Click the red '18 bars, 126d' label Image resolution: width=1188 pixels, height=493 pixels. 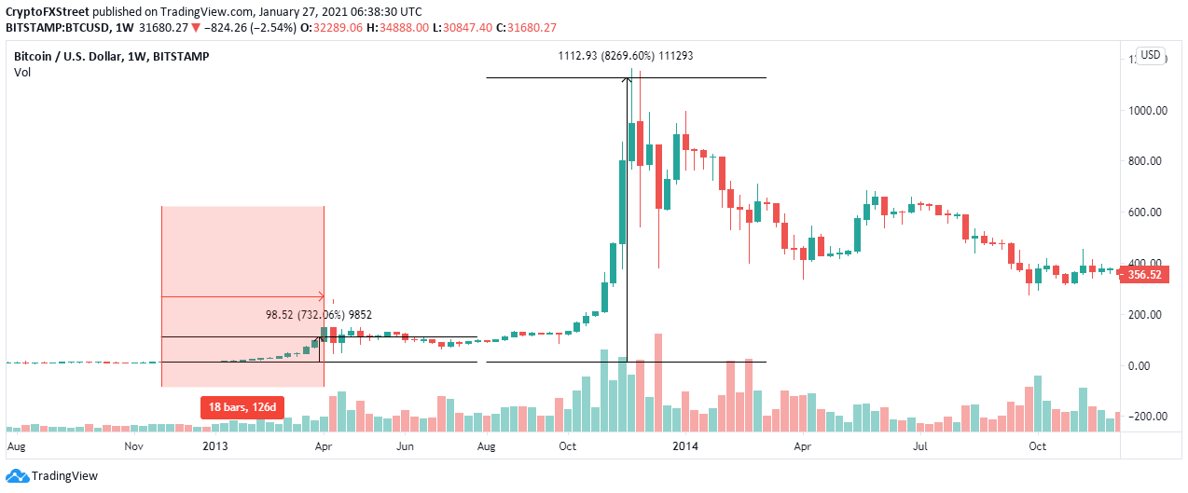(241, 406)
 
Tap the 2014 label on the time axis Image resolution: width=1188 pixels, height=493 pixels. (686, 445)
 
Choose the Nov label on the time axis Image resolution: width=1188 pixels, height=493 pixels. (133, 445)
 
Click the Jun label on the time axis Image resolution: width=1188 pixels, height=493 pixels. (406, 445)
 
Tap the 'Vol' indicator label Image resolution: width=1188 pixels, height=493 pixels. (22, 73)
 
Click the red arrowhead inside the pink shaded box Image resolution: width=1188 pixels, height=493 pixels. (320, 297)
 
